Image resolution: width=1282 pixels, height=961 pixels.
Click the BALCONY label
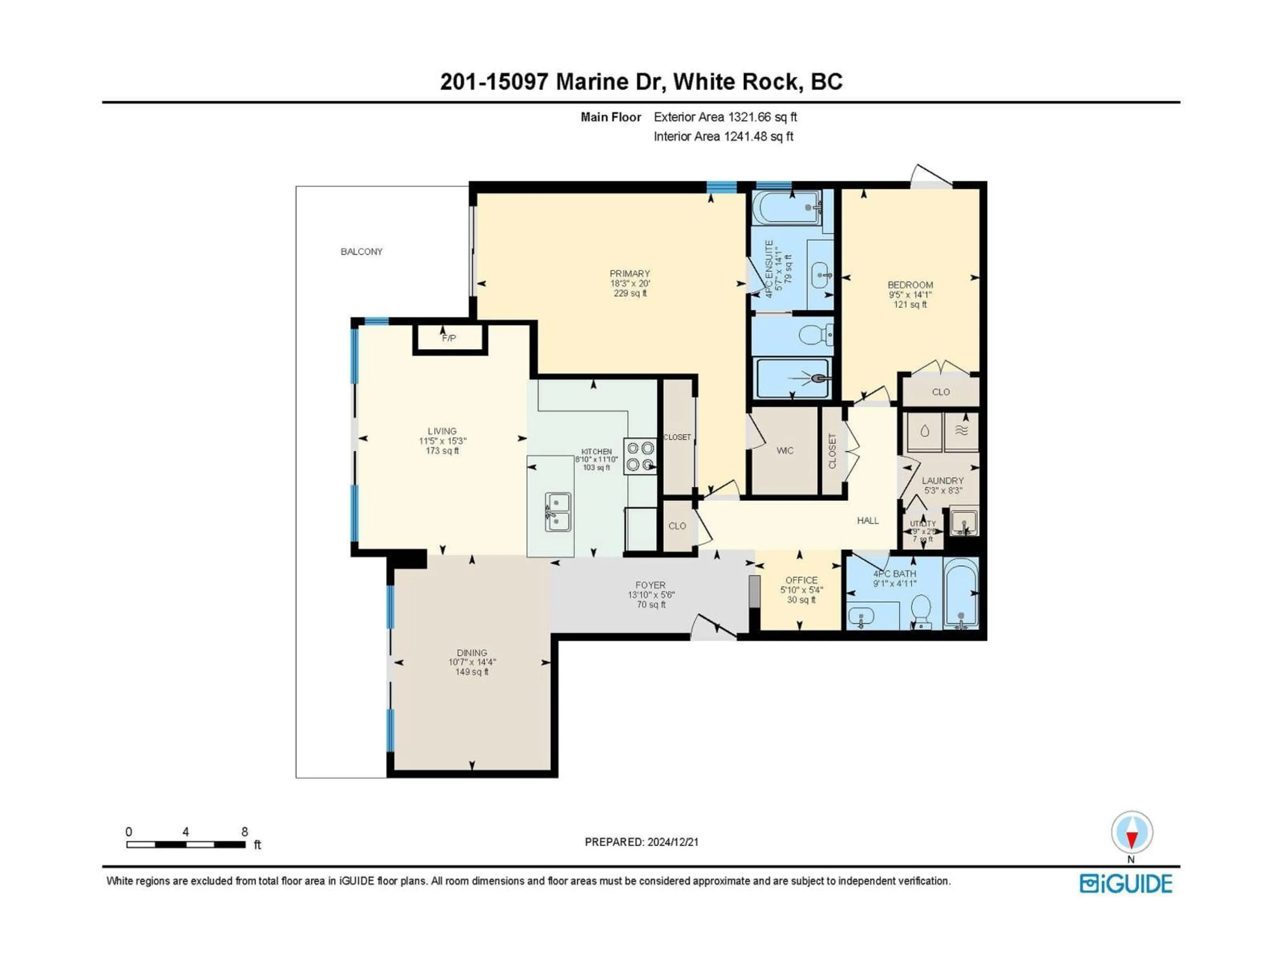click(361, 251)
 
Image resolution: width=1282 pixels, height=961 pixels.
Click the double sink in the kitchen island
click(558, 512)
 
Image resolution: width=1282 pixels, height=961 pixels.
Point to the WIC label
click(785, 451)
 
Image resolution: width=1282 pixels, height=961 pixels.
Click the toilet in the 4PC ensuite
click(816, 334)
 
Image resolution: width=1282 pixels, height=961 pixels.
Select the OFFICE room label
click(801, 580)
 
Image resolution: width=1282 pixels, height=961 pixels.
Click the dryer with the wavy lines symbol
click(961, 431)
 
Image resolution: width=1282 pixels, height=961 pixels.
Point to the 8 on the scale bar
click(245, 832)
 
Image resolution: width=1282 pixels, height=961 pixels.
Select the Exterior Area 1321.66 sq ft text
click(725, 117)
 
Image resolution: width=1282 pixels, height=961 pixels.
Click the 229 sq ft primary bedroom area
click(630, 293)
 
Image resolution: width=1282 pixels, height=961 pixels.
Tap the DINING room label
click(472, 652)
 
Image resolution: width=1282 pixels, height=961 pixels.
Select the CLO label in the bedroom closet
click(941, 392)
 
